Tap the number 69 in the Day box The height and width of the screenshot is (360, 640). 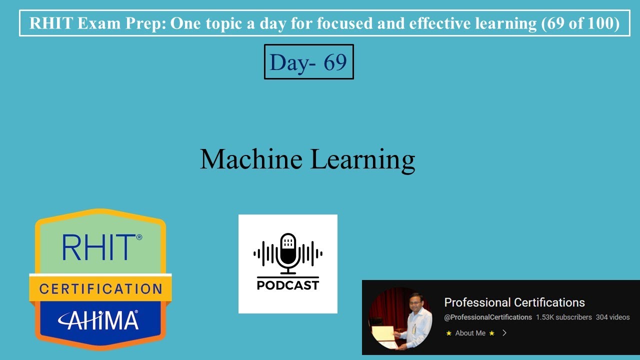[x=335, y=62]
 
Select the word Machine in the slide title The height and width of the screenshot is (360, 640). [x=251, y=159]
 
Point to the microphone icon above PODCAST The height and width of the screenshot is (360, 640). [x=288, y=253]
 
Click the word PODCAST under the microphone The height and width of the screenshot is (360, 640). [x=288, y=285]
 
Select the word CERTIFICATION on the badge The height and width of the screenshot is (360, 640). [x=101, y=289]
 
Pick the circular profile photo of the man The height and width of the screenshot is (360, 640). [x=400, y=318]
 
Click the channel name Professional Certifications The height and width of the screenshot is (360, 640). [x=514, y=302]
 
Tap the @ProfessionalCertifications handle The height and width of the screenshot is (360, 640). [x=488, y=317]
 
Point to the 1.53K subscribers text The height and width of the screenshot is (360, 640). [x=563, y=317]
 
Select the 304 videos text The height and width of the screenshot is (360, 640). [x=612, y=317]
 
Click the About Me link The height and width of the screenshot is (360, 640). [x=470, y=333]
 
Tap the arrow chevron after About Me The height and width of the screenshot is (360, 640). [x=504, y=333]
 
